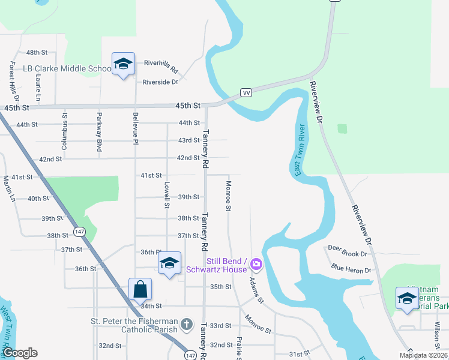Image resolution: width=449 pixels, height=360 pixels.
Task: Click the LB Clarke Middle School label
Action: click(67, 68)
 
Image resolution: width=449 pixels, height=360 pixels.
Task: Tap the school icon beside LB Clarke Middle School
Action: click(123, 64)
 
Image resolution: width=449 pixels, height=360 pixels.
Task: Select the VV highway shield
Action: click(246, 92)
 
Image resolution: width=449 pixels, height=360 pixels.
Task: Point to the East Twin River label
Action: click(300, 150)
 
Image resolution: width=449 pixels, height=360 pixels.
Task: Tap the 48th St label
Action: click(37, 53)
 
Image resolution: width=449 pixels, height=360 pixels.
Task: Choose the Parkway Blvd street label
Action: click(99, 131)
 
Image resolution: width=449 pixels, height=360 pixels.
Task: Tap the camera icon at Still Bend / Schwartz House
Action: click(256, 263)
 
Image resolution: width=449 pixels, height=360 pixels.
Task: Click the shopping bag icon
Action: click(140, 289)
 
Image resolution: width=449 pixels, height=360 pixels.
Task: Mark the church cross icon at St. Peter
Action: click(187, 324)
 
